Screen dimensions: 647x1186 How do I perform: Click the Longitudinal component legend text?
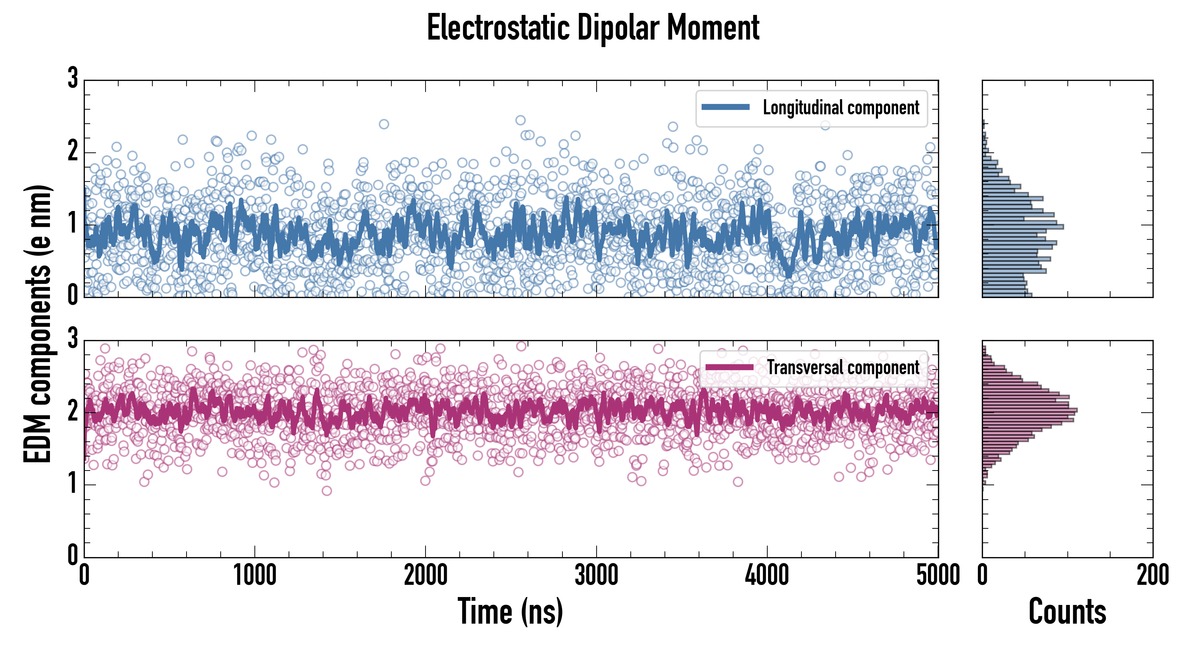coord(841,108)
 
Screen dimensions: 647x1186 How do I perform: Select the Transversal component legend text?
coord(843,367)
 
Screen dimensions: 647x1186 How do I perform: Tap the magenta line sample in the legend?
coord(729,367)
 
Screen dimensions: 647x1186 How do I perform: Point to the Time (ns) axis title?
coord(510,611)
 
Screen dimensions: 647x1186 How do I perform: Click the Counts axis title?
coord(1067,611)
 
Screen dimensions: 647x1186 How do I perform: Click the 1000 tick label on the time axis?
coord(254,575)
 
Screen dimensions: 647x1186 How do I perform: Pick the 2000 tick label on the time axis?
coord(426,575)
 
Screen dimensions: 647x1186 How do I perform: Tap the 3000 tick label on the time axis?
coord(596,575)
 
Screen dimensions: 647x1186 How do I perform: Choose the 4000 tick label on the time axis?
coord(767,575)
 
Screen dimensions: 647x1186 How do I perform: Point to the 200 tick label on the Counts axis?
coord(1152,575)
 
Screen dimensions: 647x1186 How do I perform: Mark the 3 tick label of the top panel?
coord(73,78)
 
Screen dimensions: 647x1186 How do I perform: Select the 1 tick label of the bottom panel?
coord(73,483)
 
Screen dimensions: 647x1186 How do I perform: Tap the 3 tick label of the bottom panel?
coord(73,339)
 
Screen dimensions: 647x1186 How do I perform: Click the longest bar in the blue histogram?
coord(1022,226)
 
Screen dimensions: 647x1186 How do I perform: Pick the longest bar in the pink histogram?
coord(1029,410)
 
